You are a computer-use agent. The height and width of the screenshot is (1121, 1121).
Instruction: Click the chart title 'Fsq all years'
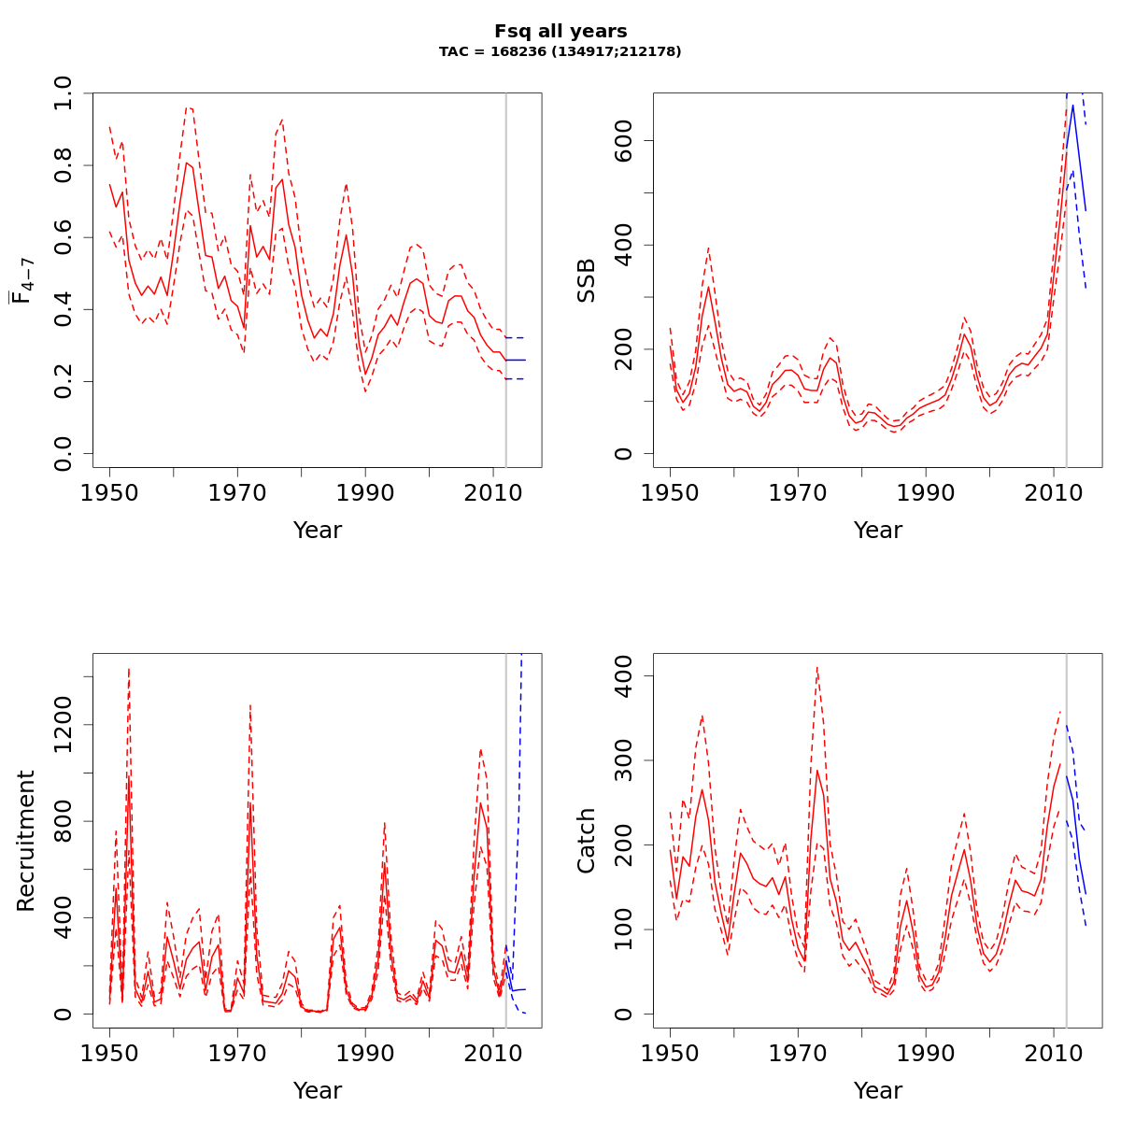[560, 32]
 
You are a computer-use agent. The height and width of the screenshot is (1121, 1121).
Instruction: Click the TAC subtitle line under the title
[560, 52]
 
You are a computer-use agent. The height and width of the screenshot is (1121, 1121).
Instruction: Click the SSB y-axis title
[587, 280]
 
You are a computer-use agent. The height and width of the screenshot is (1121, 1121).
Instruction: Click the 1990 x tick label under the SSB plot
[926, 492]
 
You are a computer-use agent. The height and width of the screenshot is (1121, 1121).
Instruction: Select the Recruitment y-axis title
[26, 841]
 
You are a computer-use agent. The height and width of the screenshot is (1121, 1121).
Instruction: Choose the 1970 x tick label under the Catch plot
[798, 1053]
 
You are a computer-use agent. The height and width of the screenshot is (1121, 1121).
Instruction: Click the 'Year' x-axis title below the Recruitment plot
[318, 1090]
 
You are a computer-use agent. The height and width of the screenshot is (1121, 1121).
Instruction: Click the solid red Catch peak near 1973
[816, 770]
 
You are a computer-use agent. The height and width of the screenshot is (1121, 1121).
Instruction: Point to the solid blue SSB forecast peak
[1072, 105]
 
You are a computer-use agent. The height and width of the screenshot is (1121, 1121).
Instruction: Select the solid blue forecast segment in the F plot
[516, 360]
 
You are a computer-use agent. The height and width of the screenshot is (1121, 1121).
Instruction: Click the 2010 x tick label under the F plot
[493, 492]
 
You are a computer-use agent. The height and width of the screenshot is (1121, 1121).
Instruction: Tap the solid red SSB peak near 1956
[709, 286]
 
